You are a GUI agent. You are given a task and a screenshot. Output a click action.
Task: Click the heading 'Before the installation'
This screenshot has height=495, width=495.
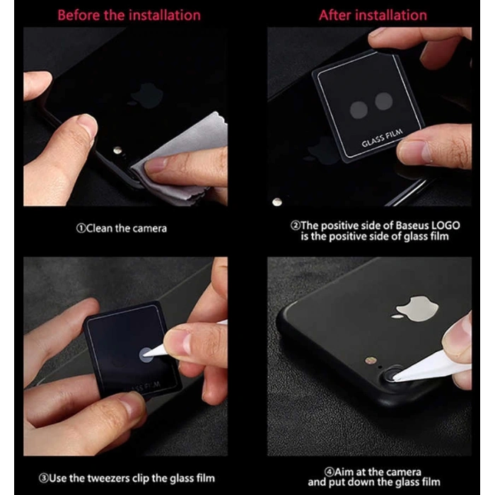tap(129, 15)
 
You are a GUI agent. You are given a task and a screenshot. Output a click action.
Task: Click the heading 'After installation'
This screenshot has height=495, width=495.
tap(373, 15)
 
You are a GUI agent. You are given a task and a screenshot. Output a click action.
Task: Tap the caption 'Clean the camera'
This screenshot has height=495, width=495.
tap(122, 228)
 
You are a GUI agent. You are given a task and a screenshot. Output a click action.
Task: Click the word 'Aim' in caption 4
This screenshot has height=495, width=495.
tap(346, 472)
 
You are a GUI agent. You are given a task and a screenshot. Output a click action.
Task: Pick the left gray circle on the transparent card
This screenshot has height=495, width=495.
tap(360, 108)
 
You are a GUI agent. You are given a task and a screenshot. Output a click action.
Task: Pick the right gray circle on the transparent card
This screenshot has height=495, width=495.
tap(384, 102)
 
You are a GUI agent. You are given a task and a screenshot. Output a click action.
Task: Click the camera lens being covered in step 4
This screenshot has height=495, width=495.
tap(391, 373)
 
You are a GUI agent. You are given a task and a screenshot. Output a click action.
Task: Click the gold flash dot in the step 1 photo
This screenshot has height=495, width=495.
tap(117, 151)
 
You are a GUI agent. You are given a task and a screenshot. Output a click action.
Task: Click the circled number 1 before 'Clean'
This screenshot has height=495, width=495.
tap(81, 228)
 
